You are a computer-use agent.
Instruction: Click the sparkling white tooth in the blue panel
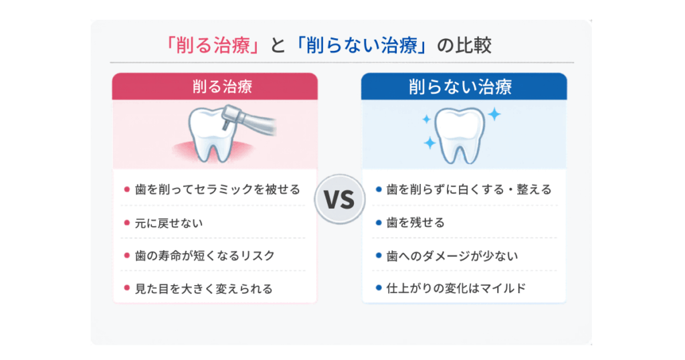(459, 133)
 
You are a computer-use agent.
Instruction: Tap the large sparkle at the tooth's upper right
(494, 114)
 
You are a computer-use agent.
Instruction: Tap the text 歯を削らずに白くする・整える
(469, 189)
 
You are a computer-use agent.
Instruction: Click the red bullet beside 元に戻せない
(126, 222)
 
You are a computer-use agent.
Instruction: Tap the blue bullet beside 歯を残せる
(379, 222)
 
